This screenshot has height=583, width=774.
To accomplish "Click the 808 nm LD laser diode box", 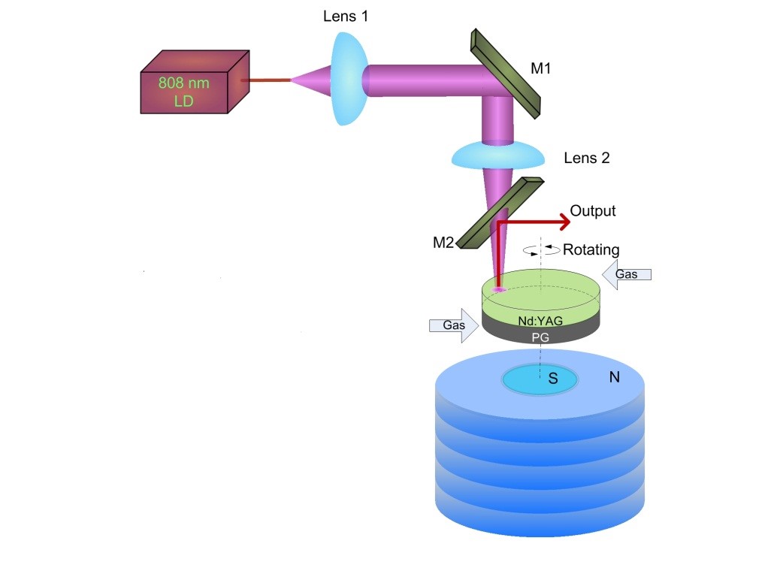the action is point(195,82).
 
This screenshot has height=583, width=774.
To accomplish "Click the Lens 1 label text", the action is point(346,17).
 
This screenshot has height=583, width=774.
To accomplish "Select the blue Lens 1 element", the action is point(349,78).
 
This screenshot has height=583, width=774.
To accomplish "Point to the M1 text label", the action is point(540,68).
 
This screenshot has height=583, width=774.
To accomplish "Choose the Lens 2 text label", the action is point(586,158).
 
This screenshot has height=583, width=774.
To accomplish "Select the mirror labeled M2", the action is point(500,213).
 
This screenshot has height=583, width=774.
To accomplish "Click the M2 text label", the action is point(443,243).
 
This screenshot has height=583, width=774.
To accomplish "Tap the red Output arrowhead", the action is point(564,222).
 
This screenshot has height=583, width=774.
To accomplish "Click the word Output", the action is point(592,211).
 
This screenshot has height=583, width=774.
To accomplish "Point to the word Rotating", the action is point(591,249).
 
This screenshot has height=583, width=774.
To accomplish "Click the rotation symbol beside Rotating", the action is point(542,250).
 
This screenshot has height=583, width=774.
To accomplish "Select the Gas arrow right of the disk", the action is point(627,274).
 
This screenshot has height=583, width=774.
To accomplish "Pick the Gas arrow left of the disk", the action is point(454,325).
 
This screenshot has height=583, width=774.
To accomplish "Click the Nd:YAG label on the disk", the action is point(540,321).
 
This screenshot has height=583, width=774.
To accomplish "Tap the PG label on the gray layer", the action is point(540,337).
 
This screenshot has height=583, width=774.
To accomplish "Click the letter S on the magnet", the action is point(553,379).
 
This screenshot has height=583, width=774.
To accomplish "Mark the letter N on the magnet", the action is point(614,377).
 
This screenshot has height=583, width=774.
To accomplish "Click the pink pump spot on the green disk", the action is point(498,288).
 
